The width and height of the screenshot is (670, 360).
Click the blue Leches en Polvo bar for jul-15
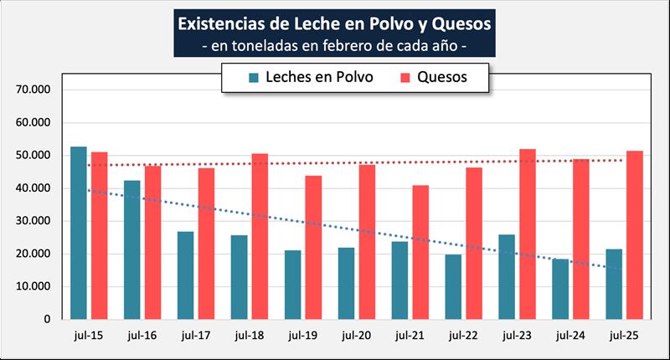coord(79,233)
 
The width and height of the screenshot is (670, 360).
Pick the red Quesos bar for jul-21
coord(420,252)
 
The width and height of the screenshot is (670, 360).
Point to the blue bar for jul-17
coord(186,275)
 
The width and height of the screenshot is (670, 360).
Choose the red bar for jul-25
coord(635,235)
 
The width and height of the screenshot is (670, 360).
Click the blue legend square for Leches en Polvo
coord(255,78)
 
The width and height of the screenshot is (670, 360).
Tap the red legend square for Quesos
coord(405,78)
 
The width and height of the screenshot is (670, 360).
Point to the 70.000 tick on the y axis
coord(34,90)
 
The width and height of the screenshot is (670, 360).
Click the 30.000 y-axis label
coord(34,221)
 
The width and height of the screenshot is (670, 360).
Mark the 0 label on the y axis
coord(49,319)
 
